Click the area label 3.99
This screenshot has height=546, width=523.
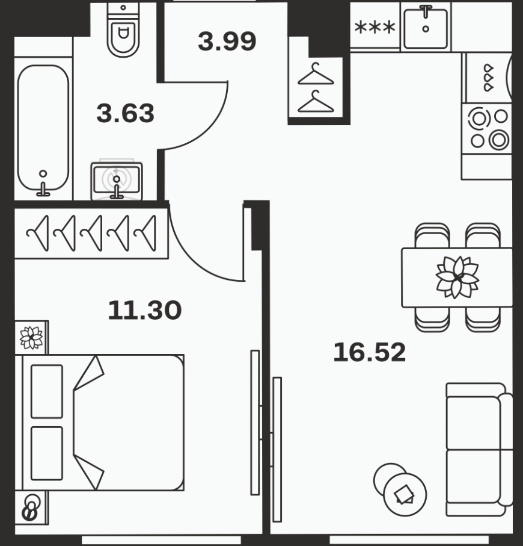coord(227,42)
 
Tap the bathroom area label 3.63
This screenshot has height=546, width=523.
coord(125,113)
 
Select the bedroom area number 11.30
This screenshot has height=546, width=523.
coord(145,310)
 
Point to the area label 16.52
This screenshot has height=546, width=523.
coord(369,352)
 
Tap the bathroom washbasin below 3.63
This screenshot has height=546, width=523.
coord(117,181)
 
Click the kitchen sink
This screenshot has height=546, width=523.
coord(426,28)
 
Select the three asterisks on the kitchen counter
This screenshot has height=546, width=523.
coord(375,27)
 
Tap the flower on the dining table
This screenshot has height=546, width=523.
coord(457,277)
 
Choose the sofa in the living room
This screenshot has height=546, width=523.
coord(479,449)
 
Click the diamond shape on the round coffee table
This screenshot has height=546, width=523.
coord(405,494)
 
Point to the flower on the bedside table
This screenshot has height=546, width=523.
coord(31,338)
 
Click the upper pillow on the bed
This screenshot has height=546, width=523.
coord(47,391)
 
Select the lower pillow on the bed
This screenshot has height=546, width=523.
coord(47,453)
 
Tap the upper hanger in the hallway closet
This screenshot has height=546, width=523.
coord(316,74)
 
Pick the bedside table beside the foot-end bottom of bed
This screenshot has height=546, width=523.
coord(31,508)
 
